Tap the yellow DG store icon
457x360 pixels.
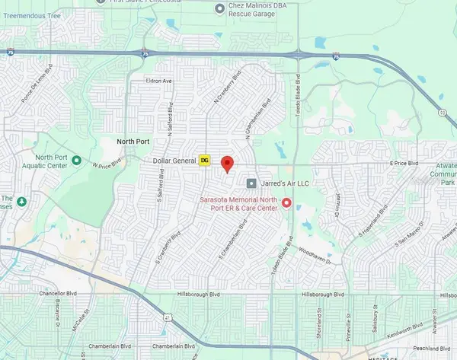coord(205,160)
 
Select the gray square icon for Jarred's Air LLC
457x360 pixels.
coord(251,183)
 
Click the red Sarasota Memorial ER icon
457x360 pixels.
coord(286,202)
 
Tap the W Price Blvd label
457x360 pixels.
coord(107,164)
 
